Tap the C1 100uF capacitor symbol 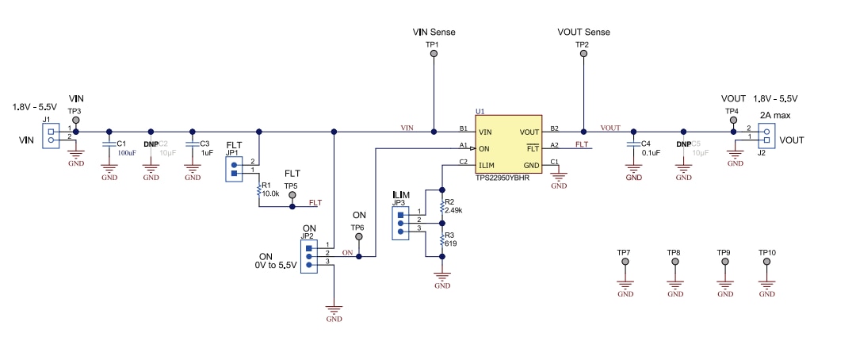point(109,144)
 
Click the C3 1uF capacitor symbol point(192,144)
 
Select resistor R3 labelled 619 point(441,241)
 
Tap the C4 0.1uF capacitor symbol point(633,144)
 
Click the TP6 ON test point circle point(358,239)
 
